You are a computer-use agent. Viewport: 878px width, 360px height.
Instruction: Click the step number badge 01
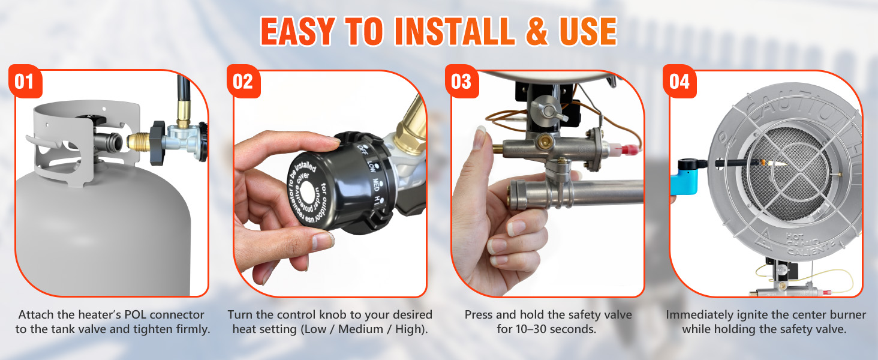25,82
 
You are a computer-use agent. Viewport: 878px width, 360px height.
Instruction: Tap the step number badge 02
243,82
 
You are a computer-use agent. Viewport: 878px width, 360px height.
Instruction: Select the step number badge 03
461,82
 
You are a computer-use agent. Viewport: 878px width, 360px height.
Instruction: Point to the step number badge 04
679,82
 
